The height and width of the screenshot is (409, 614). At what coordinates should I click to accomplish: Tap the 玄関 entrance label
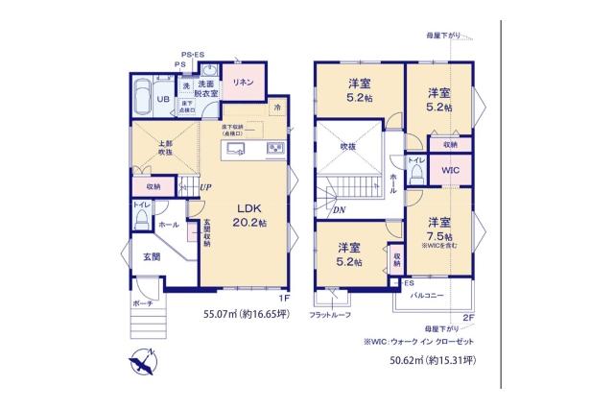(x=152, y=256)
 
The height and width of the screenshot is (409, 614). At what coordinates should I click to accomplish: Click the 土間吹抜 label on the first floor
(x=165, y=149)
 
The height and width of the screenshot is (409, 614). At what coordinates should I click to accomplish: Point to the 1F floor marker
(x=283, y=298)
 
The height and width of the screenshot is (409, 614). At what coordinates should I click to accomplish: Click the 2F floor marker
(x=468, y=317)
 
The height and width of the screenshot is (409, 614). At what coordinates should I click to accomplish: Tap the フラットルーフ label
(x=330, y=315)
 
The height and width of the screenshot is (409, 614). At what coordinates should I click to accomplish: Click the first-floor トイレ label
(x=139, y=204)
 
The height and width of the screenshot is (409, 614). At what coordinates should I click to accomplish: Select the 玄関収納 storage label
(x=205, y=233)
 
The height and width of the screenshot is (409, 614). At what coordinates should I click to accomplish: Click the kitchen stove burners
(x=273, y=147)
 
